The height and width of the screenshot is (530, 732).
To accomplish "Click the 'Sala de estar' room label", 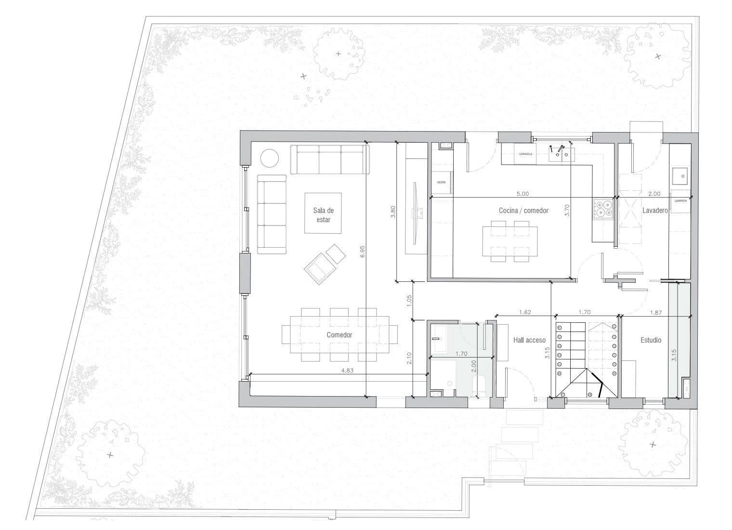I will (x=323, y=215).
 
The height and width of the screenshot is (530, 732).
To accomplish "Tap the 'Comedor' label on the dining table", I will (x=340, y=335).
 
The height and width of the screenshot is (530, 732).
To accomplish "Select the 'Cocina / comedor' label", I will (x=523, y=211).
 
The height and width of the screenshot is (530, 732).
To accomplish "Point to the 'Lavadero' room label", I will (x=655, y=211).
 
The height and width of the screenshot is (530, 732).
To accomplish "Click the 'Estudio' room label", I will (x=651, y=340).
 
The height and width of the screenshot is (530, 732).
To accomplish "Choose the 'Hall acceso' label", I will (x=529, y=340).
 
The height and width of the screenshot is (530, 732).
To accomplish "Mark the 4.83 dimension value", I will (x=347, y=371).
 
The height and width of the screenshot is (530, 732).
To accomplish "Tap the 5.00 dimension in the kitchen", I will (x=523, y=194).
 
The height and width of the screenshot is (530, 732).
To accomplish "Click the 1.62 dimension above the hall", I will (x=525, y=312).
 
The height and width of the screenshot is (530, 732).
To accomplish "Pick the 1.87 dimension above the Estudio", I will (x=655, y=312).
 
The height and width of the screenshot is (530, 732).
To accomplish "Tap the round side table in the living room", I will (x=270, y=158).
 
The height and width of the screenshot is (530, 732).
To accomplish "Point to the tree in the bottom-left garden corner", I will (x=111, y=453).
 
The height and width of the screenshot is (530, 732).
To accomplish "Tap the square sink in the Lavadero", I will (x=681, y=176).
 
